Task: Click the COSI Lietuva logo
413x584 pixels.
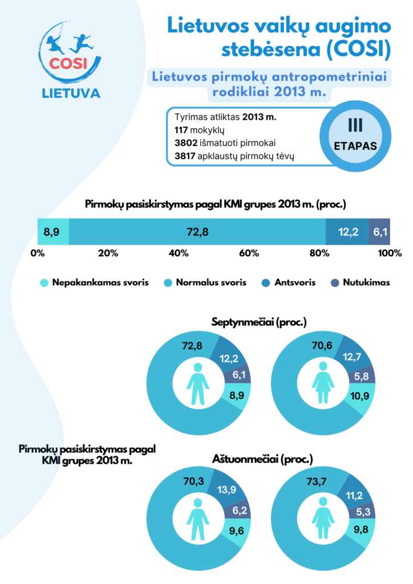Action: (71, 60)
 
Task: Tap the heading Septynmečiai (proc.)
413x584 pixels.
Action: (259, 322)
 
